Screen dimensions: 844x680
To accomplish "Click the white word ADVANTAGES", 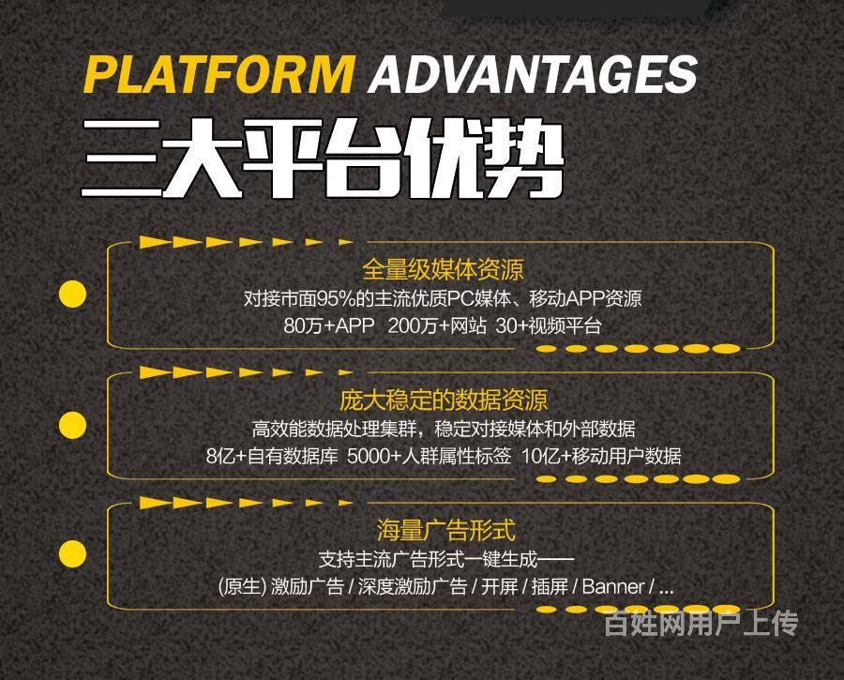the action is [533, 74].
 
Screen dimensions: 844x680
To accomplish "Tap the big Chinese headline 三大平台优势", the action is [323, 158].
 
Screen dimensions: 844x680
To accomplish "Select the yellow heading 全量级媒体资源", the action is [443, 269].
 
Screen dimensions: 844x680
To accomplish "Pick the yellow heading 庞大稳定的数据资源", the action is [444, 400].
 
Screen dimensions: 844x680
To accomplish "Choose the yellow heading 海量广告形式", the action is [445, 530].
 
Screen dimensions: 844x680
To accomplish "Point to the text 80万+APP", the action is [329, 325].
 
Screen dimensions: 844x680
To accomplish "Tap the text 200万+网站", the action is [437, 325].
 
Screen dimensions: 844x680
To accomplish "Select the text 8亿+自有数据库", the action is [272, 457].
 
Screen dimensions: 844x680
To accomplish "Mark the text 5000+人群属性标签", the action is [429, 457].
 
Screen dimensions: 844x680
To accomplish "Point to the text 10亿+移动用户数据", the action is [601, 457].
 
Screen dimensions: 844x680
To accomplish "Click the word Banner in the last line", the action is [613, 586].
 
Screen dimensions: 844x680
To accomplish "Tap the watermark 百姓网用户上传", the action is [701, 624].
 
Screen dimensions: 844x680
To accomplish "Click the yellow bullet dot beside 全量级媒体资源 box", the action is [72, 294].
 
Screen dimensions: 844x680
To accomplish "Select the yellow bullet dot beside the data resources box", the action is [72, 425].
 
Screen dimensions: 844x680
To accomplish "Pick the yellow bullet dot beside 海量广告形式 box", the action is [72, 554].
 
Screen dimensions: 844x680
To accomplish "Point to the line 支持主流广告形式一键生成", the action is [446, 559].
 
